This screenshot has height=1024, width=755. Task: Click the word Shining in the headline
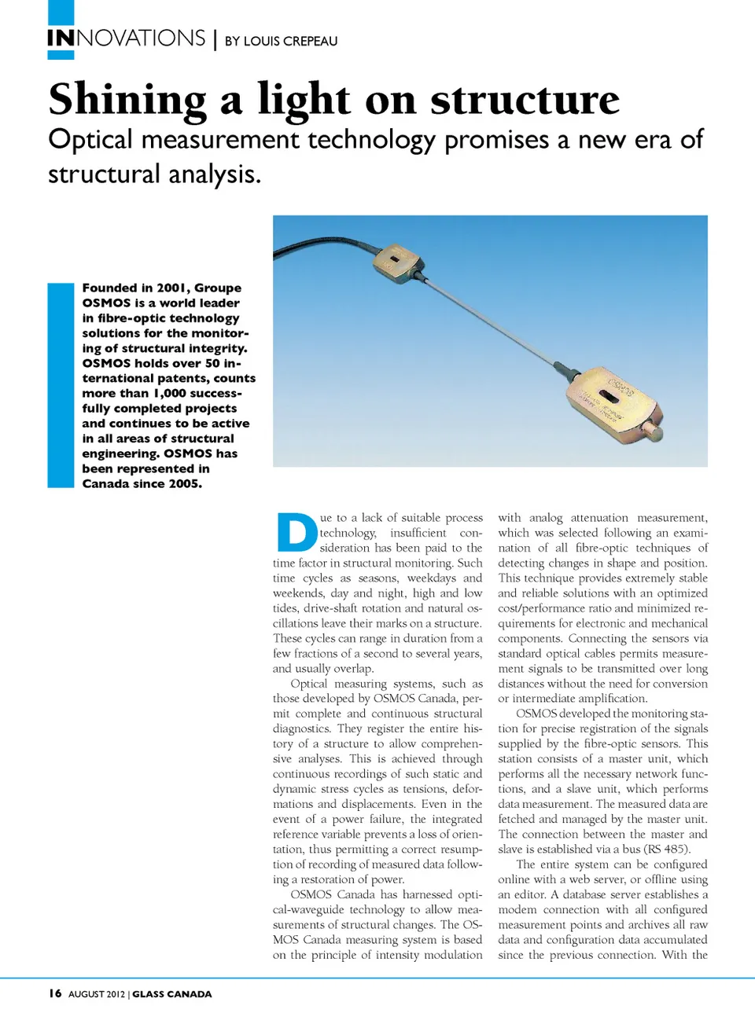pyautogui.click(x=127, y=100)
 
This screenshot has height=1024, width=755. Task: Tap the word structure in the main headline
pyautogui.click(x=525, y=100)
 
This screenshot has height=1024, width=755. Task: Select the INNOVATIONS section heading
pyautogui.click(x=126, y=39)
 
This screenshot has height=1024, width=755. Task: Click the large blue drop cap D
pyautogui.click(x=296, y=532)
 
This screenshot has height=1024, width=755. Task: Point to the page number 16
pyautogui.click(x=55, y=993)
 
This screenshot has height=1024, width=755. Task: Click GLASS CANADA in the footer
pyautogui.click(x=171, y=994)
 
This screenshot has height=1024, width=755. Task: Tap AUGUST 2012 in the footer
pyautogui.click(x=96, y=994)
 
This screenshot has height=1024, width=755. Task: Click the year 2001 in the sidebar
pyautogui.click(x=171, y=288)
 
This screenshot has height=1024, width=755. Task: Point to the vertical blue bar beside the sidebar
pyautogui.click(x=61, y=385)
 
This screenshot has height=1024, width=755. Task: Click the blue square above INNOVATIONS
pyautogui.click(x=61, y=12)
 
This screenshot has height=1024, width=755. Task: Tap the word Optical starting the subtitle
pyautogui.click(x=90, y=140)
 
